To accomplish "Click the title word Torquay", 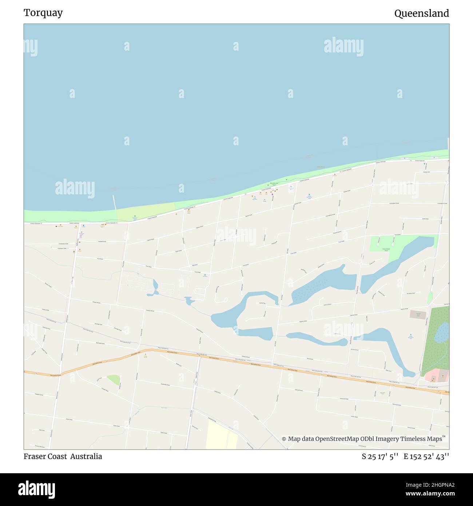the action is (x=43, y=13).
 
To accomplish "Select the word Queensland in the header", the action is (x=421, y=13).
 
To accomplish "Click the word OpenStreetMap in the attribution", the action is (x=337, y=439).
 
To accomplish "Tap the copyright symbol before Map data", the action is (x=284, y=439).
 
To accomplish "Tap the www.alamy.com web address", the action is (x=430, y=494).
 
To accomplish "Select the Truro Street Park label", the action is (x=386, y=250).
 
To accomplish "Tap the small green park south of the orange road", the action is (x=114, y=380).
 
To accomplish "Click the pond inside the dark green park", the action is (x=442, y=332).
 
